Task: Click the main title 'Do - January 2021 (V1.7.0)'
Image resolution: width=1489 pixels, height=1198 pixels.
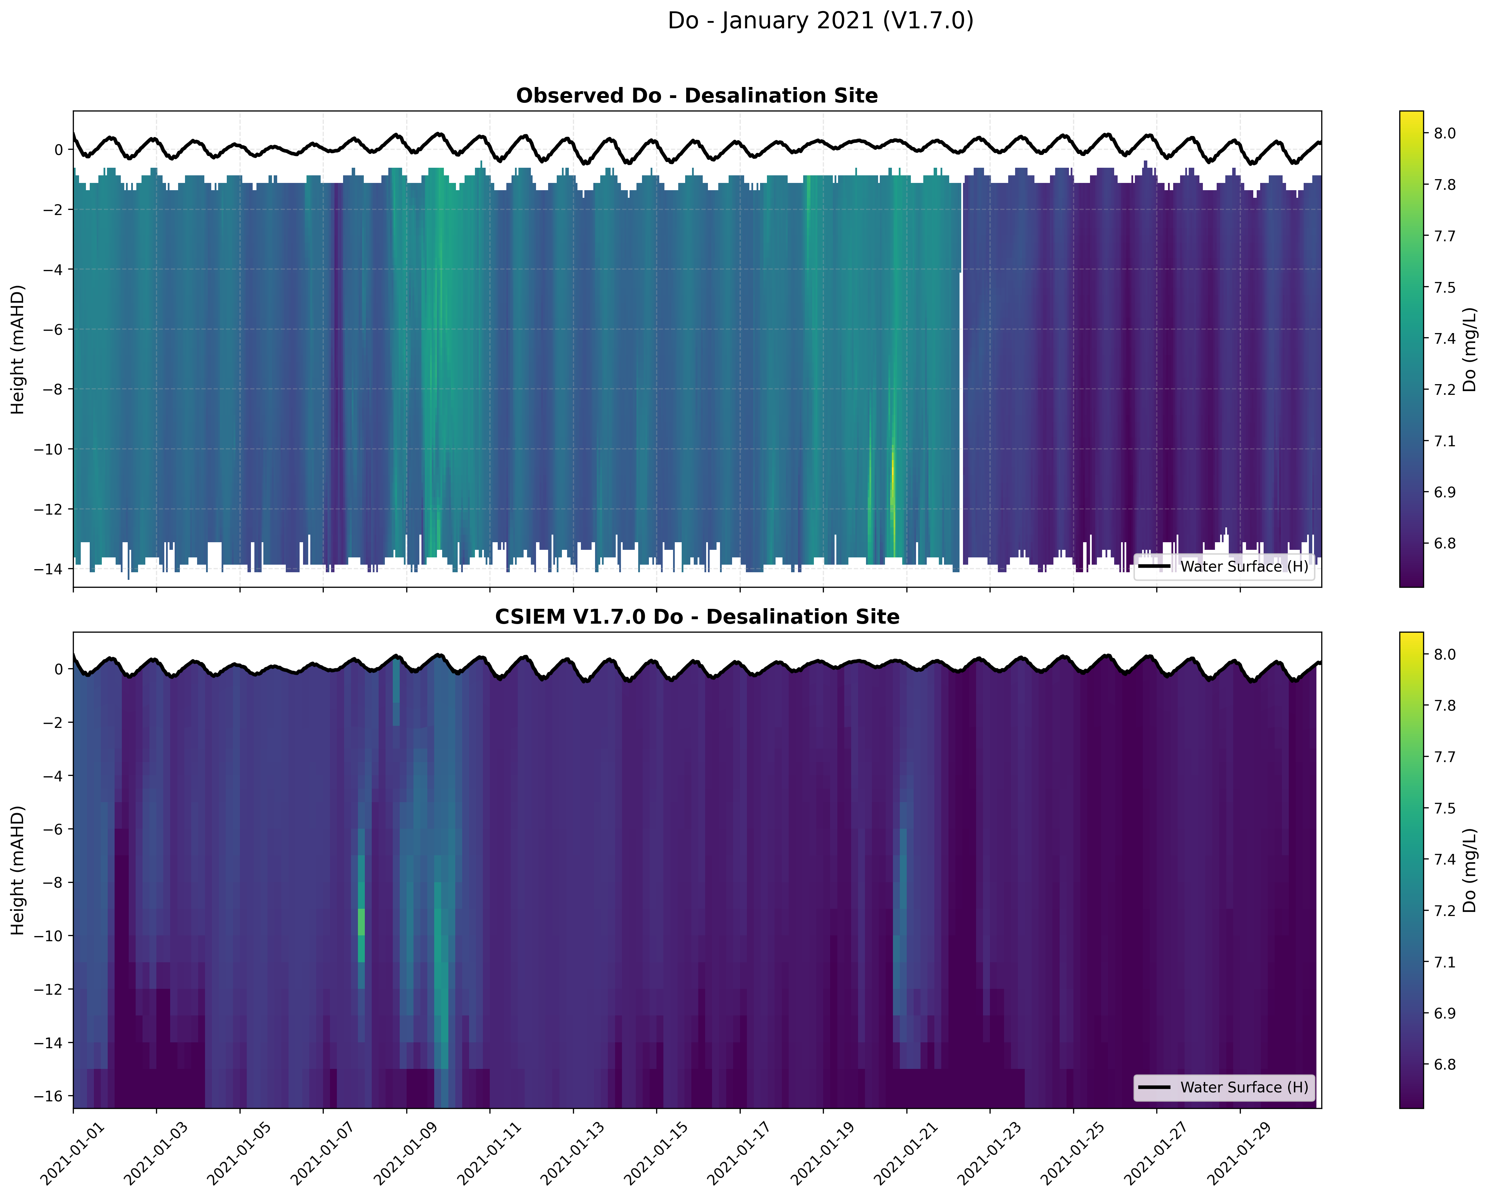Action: (820, 21)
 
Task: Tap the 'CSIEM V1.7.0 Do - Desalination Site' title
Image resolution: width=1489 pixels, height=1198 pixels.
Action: (697, 617)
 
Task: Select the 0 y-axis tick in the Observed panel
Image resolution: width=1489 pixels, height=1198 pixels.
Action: (59, 150)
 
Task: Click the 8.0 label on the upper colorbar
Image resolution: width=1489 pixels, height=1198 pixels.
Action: (1445, 133)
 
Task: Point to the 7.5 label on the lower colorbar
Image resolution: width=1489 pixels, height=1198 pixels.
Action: (1445, 808)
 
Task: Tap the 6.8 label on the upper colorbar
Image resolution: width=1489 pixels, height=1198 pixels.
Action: (1445, 543)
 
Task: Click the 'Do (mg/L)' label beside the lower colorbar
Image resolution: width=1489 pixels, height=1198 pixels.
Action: (1469, 870)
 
